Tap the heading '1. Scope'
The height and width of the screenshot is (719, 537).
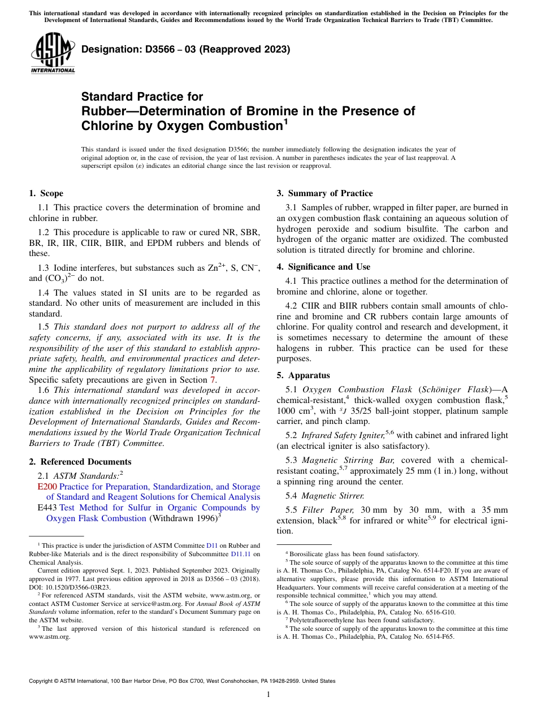(46, 193)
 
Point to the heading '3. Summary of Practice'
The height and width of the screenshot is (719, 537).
(324, 193)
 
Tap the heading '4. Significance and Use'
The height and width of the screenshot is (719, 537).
(323, 267)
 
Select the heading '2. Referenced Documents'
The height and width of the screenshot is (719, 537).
(80, 462)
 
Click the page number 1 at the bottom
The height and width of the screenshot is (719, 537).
(268, 695)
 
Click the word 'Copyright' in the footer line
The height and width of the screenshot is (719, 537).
(43, 681)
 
